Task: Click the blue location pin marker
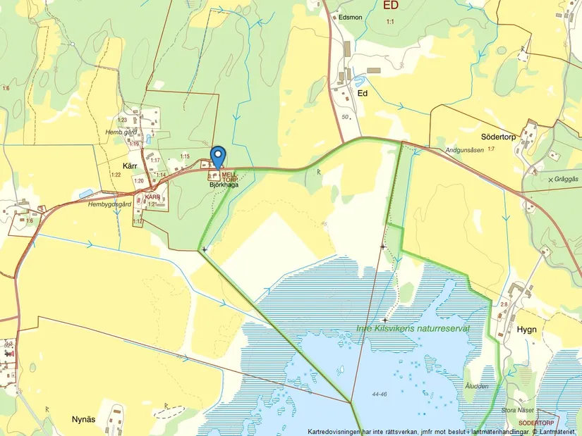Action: [219, 155]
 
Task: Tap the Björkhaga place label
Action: [223, 185]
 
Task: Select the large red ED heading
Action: [390, 6]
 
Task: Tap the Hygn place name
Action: [526, 329]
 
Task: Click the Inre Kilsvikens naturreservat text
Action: [413, 328]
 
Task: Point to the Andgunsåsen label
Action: [463, 150]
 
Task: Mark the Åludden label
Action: [477, 386]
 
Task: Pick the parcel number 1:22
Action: [116, 175]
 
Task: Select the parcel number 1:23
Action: [122, 120]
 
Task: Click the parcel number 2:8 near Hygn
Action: [504, 304]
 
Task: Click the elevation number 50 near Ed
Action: [344, 117]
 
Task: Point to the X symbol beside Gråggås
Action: [551, 180]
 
